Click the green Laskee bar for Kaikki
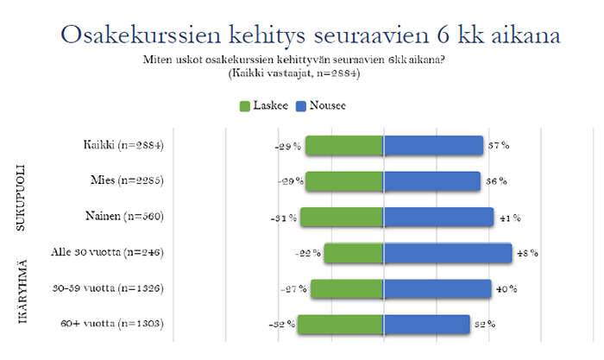[344, 146]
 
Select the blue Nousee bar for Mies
[431, 181]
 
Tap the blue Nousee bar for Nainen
[438, 217]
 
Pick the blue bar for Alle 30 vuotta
[448, 253]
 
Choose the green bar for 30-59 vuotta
[347, 288]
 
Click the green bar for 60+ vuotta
[341, 324]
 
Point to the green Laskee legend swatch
[244, 106]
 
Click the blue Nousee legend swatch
[302, 106]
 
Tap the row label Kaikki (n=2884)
[117, 145]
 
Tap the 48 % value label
[526, 253]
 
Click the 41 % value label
[507, 218]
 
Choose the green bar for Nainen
[342, 217]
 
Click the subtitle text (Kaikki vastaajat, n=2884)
[302, 74]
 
